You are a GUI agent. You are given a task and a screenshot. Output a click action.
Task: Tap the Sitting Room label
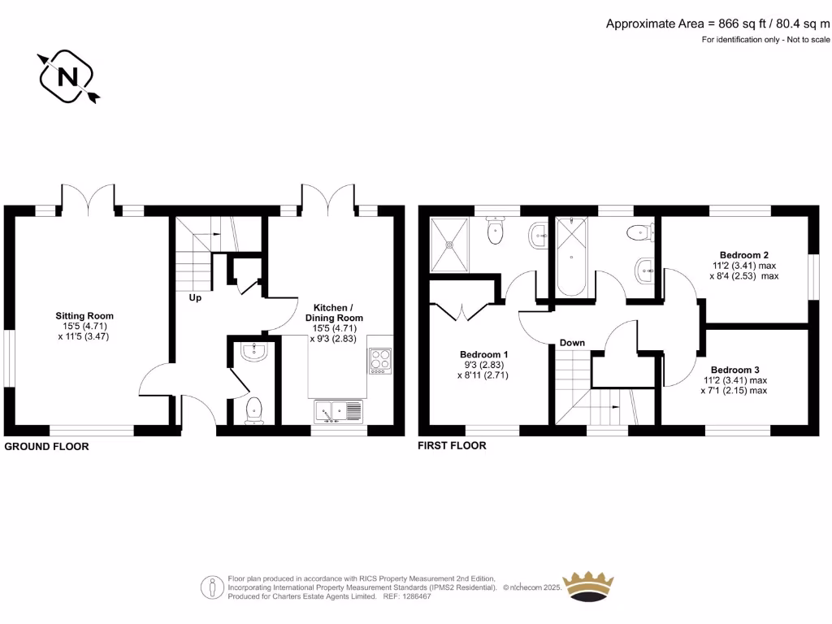[84, 316]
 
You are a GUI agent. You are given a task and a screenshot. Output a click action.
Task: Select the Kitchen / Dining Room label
[333, 313]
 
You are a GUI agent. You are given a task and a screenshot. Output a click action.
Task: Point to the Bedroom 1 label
[484, 354]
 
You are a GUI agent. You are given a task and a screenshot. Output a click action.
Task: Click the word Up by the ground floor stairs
[196, 297]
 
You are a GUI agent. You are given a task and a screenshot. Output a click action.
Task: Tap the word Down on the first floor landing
[572, 343]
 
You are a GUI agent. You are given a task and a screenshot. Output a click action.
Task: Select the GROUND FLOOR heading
[47, 447]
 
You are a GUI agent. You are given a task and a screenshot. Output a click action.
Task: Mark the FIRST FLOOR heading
[453, 446]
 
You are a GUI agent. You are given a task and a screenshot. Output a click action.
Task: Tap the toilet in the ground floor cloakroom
[253, 409]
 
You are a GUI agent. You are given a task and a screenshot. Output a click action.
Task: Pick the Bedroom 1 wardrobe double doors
[461, 310]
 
